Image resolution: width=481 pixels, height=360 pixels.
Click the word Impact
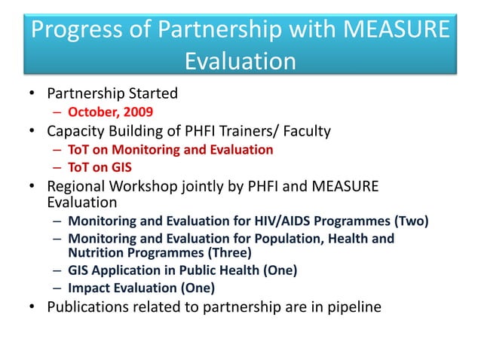click(88, 288)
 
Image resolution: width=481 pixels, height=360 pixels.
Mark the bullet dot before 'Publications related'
click(32, 307)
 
